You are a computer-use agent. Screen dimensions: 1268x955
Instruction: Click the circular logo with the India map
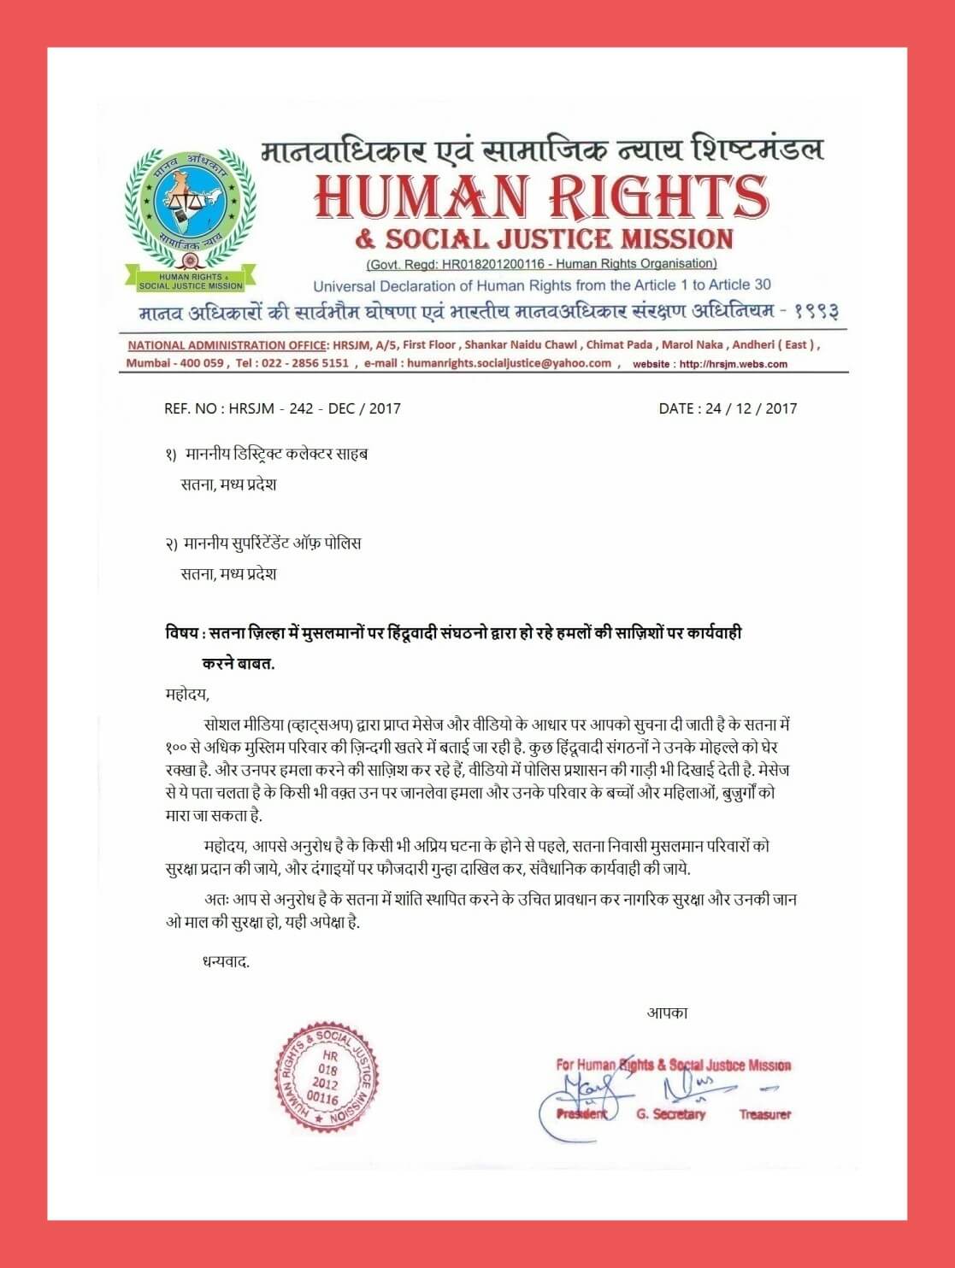190,210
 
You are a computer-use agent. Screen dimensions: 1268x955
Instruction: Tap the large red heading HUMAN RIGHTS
541,197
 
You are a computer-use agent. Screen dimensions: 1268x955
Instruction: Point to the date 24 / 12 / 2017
752,408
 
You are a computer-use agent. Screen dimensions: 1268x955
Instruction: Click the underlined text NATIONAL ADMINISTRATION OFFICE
227,345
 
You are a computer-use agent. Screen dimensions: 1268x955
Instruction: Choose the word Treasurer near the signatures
765,1114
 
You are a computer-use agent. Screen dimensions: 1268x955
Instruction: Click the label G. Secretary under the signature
671,1114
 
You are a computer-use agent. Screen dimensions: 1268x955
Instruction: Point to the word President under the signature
581,1114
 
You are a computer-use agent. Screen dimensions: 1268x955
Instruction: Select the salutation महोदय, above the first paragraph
187,693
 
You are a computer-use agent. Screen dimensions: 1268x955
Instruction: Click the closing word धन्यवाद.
226,962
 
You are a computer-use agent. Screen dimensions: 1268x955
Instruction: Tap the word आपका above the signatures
667,1013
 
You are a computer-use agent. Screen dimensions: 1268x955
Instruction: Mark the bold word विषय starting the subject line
181,633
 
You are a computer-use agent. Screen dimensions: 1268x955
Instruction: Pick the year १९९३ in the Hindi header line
816,311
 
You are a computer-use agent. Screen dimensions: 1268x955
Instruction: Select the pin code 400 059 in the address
201,363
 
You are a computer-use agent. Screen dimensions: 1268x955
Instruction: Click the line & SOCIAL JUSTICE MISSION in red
545,238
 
